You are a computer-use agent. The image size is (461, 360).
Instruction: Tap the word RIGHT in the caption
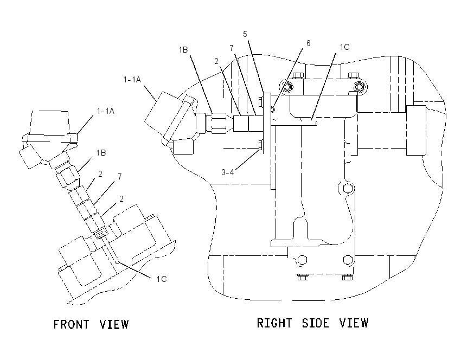[x=274, y=323]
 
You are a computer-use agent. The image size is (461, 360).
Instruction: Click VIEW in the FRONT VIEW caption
[x=114, y=324]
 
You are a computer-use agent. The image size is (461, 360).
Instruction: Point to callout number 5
[x=245, y=34]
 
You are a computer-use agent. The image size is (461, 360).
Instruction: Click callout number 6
[x=308, y=43]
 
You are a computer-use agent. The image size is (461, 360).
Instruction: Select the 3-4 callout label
[x=228, y=172]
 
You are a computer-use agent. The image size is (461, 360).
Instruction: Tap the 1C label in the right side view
[x=344, y=47]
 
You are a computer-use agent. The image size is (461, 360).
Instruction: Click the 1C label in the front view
[x=162, y=279]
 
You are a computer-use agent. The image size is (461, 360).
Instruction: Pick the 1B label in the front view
[x=101, y=153]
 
